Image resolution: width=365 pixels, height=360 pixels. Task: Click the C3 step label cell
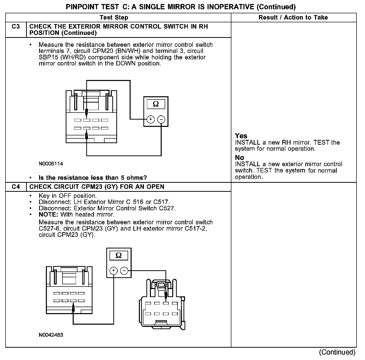tap(16, 27)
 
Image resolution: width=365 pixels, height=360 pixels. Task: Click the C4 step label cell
tap(16, 187)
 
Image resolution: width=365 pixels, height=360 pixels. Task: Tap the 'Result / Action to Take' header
tap(293, 18)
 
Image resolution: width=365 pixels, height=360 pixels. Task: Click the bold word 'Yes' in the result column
tap(241, 136)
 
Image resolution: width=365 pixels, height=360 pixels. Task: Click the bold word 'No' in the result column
tap(239, 158)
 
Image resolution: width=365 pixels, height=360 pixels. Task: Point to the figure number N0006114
tap(51, 164)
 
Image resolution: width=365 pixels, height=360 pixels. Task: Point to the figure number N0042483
tap(51, 335)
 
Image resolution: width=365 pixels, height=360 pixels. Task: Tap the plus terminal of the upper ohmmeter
tap(150, 119)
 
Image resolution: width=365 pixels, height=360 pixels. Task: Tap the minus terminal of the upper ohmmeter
tap(161, 119)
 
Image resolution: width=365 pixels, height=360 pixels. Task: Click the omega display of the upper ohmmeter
tap(156, 104)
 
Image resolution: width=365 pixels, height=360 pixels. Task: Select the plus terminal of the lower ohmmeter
tap(114, 271)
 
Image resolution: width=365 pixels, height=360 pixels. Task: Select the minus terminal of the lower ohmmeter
tap(124, 271)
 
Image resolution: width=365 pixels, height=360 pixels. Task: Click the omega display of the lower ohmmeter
tap(119, 255)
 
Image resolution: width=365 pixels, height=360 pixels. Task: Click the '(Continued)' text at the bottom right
tap(337, 352)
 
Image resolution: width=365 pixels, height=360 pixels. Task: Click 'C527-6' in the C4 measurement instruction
tap(48, 229)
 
